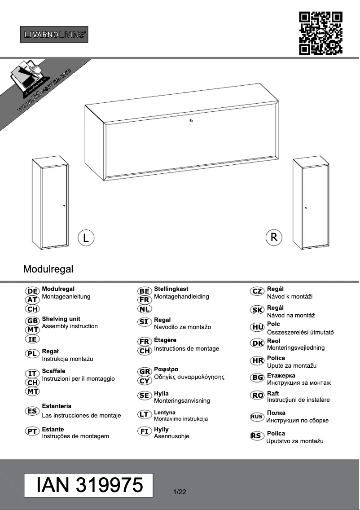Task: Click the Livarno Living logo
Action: tap(54, 34)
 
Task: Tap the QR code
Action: tap(320, 33)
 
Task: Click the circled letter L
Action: tap(86, 237)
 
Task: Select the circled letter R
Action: tap(274, 237)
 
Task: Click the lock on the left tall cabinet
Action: tap(64, 206)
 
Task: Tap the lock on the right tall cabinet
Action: tap(306, 208)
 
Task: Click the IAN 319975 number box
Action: tap(89, 485)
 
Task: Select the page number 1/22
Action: tap(179, 492)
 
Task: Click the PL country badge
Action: tap(32, 354)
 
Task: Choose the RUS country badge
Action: tap(257, 417)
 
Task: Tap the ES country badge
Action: tap(32, 411)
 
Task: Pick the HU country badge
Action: tap(258, 327)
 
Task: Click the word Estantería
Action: tap(57, 406)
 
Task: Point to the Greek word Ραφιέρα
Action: tap(166, 369)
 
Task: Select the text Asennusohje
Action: tap(171, 436)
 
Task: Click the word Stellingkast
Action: tap(171, 289)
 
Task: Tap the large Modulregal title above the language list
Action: tap(48, 269)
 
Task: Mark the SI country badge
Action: tap(144, 322)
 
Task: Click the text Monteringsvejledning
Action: tap(295, 348)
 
